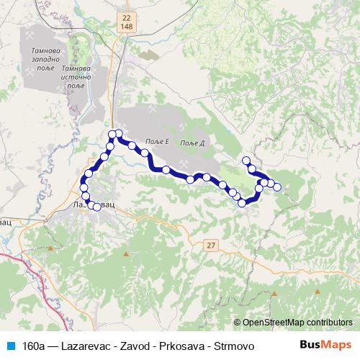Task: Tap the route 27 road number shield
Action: click(x=211, y=246)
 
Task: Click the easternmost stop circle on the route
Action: click(x=277, y=187)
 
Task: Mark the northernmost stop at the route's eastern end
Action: click(x=246, y=161)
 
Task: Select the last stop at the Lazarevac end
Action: click(x=97, y=207)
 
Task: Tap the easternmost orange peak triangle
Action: click(x=317, y=291)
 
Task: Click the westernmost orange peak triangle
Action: click(x=127, y=253)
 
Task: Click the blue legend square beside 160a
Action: click(x=10, y=346)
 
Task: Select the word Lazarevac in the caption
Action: click(x=86, y=346)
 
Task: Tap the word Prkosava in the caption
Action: click(x=177, y=346)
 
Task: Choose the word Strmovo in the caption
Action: click(x=228, y=346)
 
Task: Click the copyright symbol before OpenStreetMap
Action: click(x=238, y=323)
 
